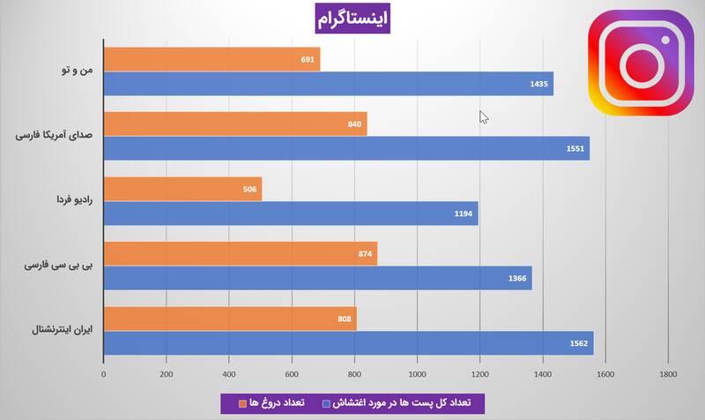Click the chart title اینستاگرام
click(x=352, y=18)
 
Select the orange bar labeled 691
click(x=211, y=59)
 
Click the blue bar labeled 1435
click(x=328, y=84)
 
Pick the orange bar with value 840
click(x=234, y=124)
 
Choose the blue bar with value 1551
click(x=346, y=148)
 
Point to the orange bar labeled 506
click(x=182, y=189)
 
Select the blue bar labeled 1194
click(x=291, y=213)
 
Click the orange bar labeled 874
click(x=240, y=253)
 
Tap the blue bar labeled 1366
click(x=317, y=278)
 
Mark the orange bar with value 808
click(x=230, y=319)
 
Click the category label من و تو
click(x=77, y=71)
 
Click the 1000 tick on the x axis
click(x=417, y=373)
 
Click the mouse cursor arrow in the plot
click(x=483, y=116)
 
